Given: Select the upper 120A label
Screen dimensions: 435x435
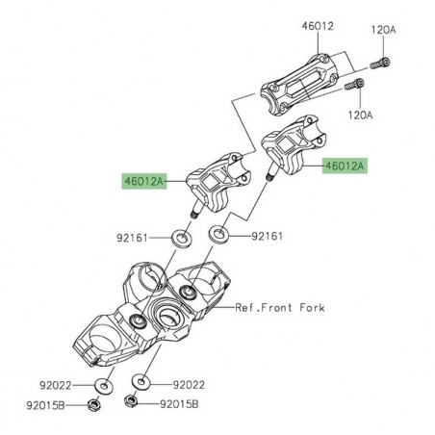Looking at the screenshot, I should coord(383,30).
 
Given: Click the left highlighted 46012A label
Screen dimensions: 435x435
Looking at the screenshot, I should coord(146,179).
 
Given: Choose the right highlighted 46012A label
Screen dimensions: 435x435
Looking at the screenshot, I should coord(345,165).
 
